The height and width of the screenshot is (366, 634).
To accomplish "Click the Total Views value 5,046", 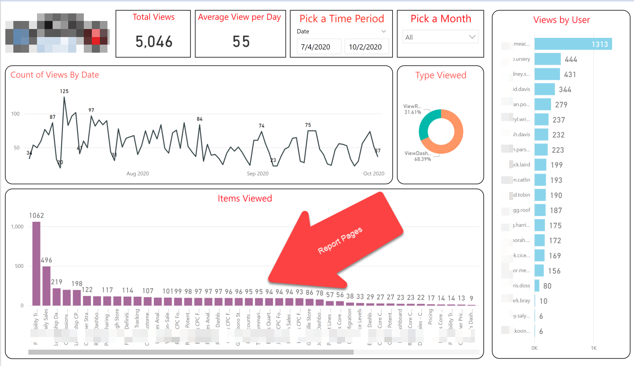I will (x=154, y=42).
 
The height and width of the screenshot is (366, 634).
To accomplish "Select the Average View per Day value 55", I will (x=241, y=42).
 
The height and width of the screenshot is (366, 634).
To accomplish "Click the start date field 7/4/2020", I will (x=319, y=47).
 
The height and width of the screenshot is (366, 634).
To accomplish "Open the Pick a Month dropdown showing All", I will (x=440, y=37).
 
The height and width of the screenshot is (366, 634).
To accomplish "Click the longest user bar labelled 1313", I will (x=573, y=44).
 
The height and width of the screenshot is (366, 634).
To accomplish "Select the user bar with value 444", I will (x=548, y=59).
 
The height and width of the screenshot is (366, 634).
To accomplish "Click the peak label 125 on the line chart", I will (x=64, y=91).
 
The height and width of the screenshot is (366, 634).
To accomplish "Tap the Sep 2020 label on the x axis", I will (x=258, y=174).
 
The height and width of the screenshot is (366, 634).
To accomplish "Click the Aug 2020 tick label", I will (x=137, y=174).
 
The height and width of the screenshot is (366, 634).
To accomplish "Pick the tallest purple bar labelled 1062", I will (x=36, y=263).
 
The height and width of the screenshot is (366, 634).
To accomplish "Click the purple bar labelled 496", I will (x=46, y=286).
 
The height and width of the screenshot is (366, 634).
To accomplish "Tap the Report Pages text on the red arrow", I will (x=340, y=241).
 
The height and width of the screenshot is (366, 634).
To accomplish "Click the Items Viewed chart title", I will (x=245, y=198).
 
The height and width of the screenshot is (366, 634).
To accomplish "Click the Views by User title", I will (x=561, y=20).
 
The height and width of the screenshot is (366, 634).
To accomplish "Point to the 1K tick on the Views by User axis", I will (x=593, y=347).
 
